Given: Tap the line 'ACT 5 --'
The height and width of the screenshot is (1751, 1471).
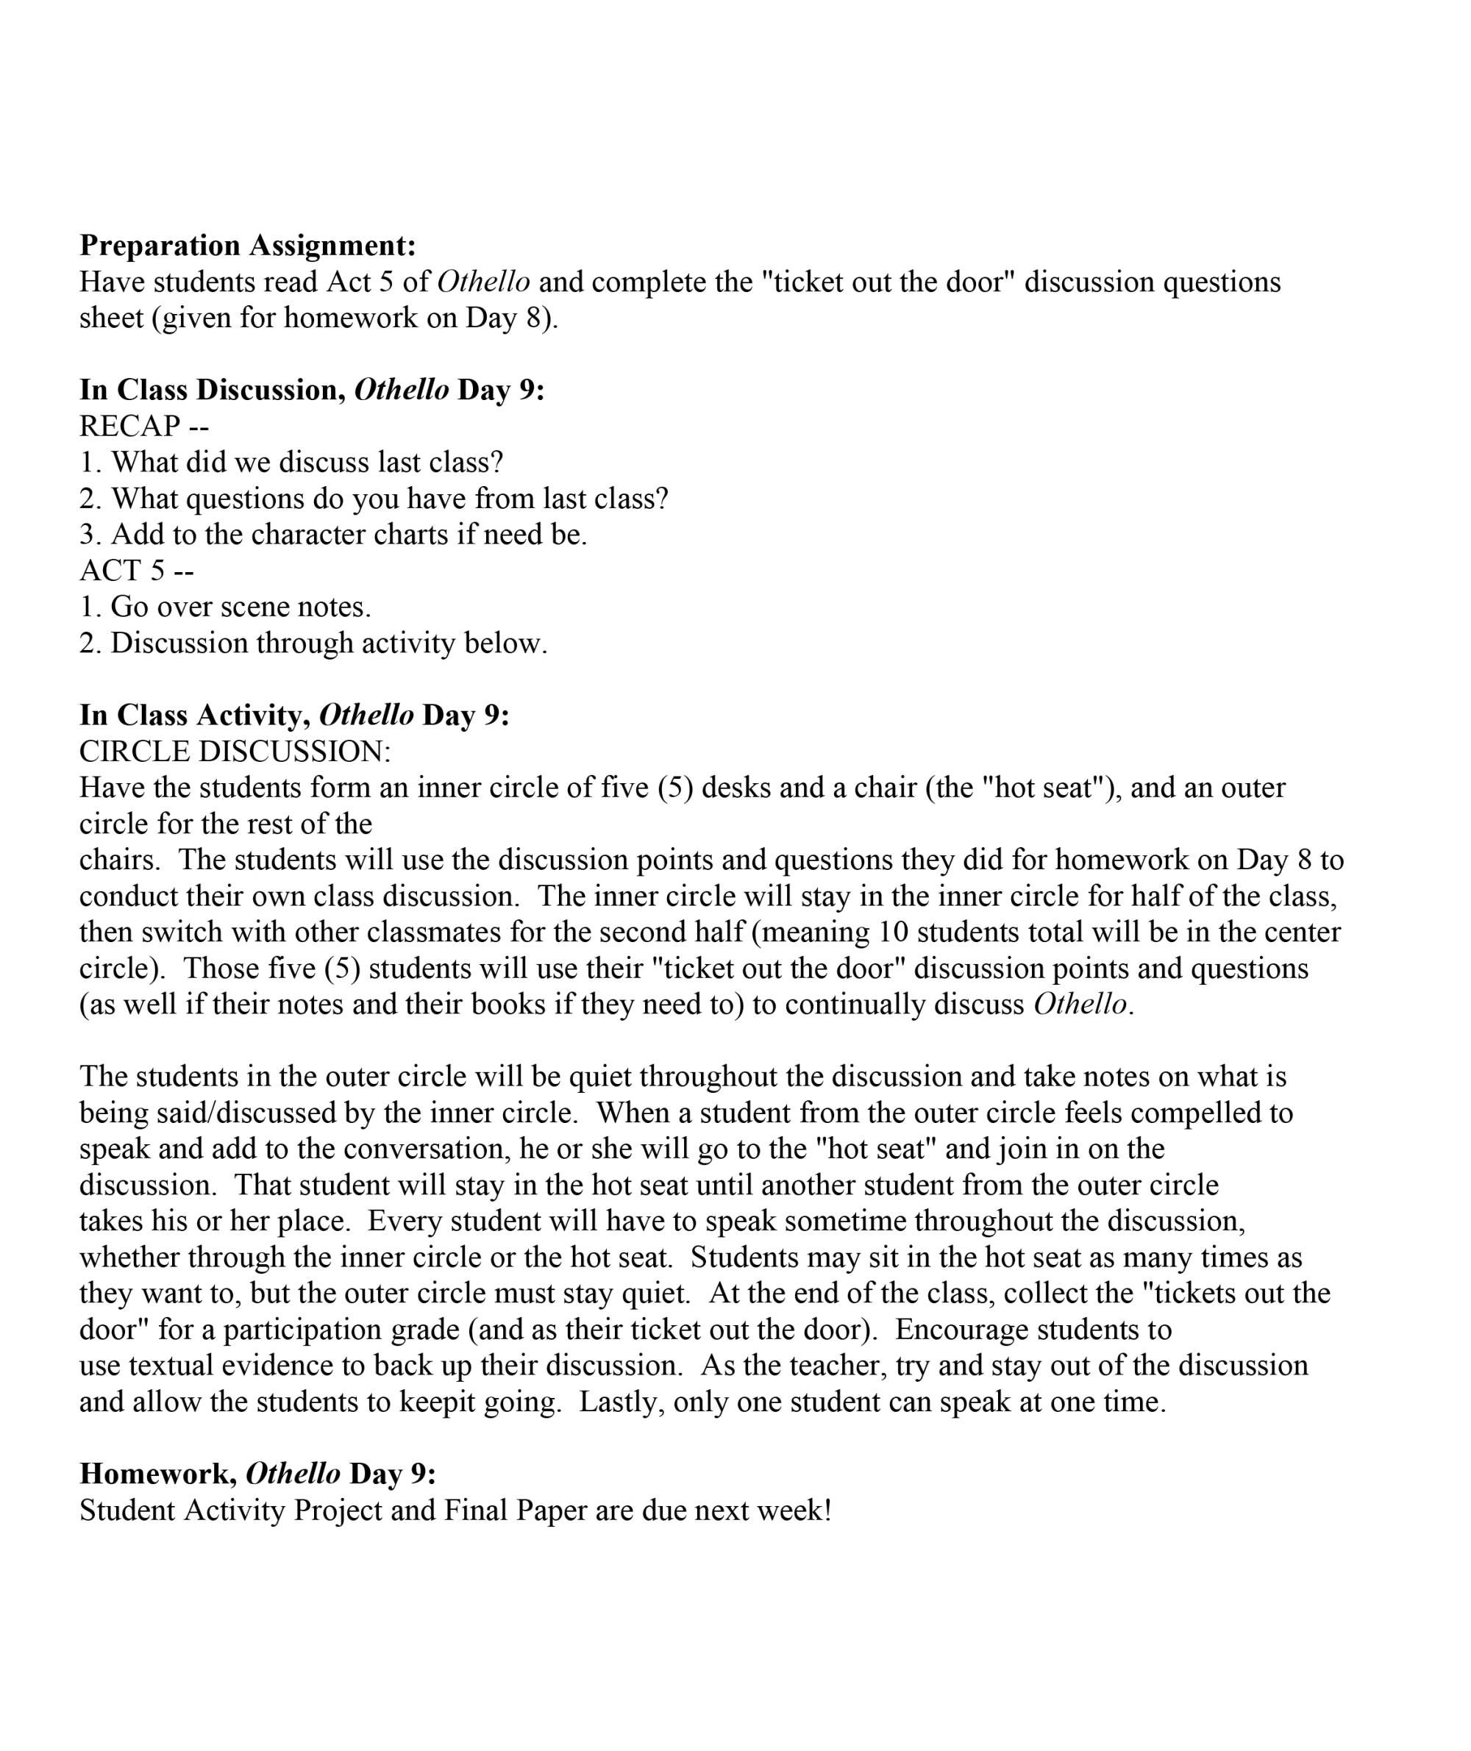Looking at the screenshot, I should (x=137, y=571).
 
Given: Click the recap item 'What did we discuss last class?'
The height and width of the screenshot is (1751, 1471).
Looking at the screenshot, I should (x=291, y=462).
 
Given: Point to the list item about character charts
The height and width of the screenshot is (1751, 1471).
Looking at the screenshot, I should (x=334, y=535).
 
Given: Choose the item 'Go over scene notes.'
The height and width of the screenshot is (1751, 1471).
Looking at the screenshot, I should (x=225, y=606).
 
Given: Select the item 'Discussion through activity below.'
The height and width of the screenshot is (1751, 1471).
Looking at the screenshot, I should (x=313, y=643).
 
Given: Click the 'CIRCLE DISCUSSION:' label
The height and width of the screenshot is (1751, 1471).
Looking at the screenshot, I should (x=235, y=752).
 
